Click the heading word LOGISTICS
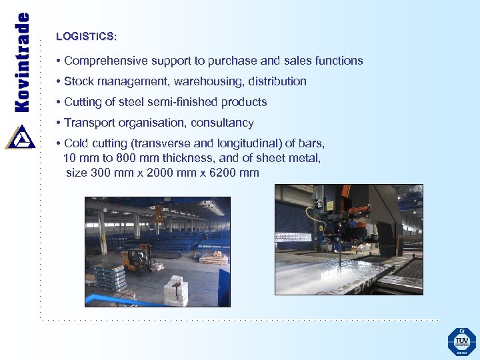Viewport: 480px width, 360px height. click(85, 36)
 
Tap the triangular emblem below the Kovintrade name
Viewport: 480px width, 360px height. click(20, 137)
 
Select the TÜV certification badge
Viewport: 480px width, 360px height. click(461, 341)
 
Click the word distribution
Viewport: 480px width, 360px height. click(278, 81)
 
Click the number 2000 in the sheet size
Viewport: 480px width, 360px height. click(160, 173)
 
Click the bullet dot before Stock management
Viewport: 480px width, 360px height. click(59, 81)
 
